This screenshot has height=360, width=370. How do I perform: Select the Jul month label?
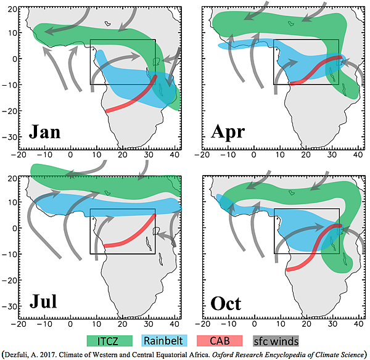point(42,302)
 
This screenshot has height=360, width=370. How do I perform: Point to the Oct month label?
point(226,302)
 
